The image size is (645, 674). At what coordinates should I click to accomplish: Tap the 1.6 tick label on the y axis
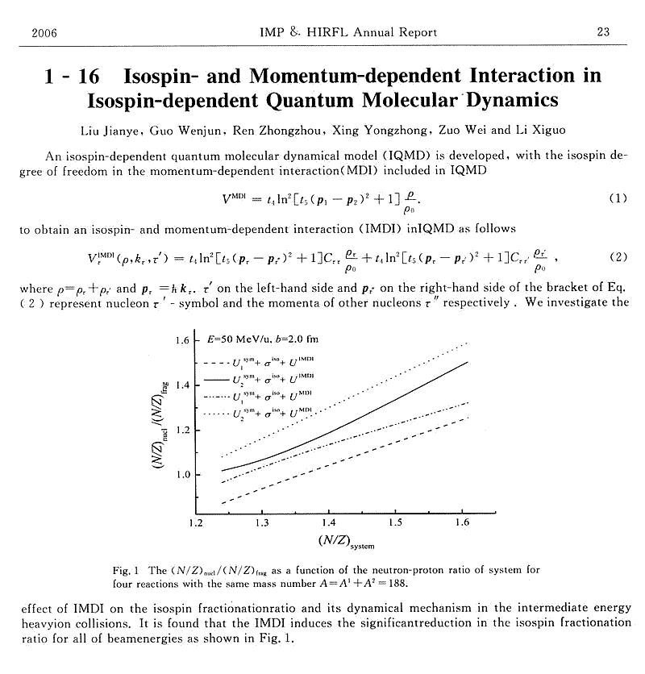click(182, 340)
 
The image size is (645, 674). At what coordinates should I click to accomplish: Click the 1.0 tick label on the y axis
click(182, 475)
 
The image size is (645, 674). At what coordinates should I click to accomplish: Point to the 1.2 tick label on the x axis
click(196, 523)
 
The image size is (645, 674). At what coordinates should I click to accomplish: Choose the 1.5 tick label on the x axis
click(395, 523)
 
